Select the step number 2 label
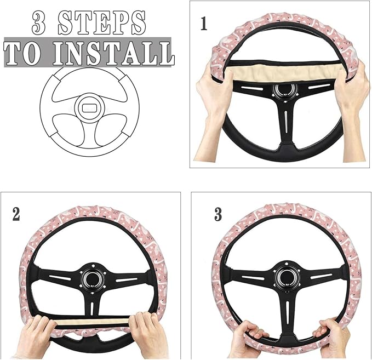(x=16, y=214)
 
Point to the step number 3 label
(x=218, y=214)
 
